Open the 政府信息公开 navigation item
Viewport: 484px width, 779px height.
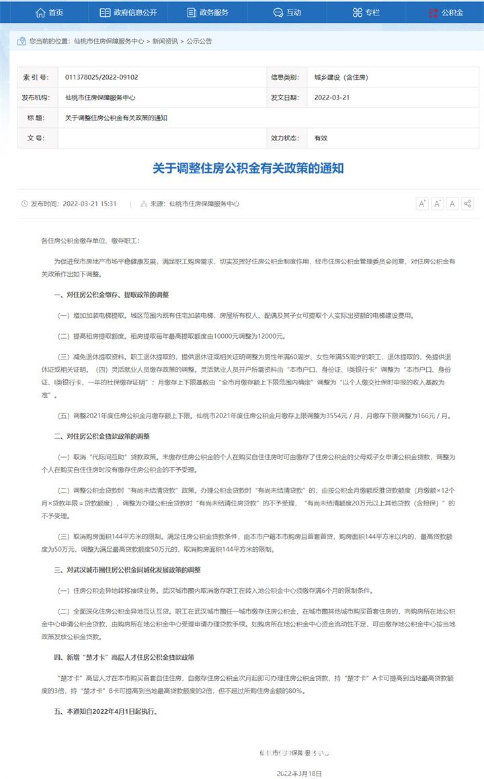(128, 12)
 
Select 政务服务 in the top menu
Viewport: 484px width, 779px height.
(208, 12)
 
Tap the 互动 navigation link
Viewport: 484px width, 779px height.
(287, 12)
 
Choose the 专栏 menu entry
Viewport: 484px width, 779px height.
(366, 12)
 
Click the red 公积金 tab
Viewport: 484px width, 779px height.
(445, 12)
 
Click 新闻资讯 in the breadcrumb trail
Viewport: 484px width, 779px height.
(165, 41)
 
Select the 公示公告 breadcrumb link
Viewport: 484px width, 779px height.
(199, 41)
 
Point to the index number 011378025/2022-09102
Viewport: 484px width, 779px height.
(102, 77)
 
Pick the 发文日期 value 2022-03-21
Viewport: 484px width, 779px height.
(332, 97)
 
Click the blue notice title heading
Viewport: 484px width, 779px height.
(248, 168)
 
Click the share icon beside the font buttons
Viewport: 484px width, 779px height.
(468, 204)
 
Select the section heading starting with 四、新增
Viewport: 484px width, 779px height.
(124, 656)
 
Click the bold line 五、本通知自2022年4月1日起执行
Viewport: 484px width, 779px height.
(107, 711)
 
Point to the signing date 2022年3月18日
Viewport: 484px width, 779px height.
(299, 774)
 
